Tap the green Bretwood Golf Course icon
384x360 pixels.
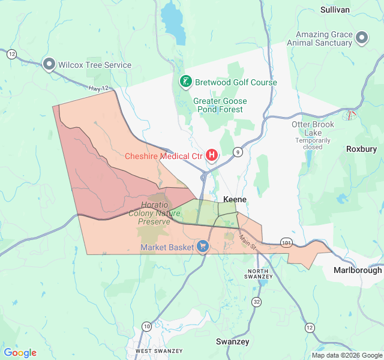(186, 82)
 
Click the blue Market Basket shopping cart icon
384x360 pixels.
(203, 247)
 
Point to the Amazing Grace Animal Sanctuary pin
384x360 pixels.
(362, 38)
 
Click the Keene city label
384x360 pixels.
(235, 199)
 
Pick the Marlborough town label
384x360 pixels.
(358, 270)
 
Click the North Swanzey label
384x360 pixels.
(259, 274)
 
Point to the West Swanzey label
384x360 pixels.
(151, 350)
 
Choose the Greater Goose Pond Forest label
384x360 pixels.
(218, 105)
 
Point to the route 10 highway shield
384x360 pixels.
(146, 326)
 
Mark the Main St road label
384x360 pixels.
(247, 242)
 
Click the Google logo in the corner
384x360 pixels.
(20, 353)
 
